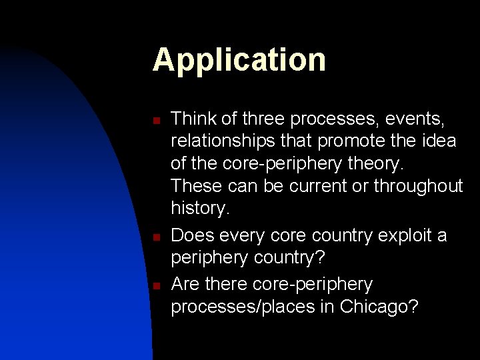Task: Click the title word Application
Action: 239,60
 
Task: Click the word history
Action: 199,208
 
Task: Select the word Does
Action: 192,236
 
